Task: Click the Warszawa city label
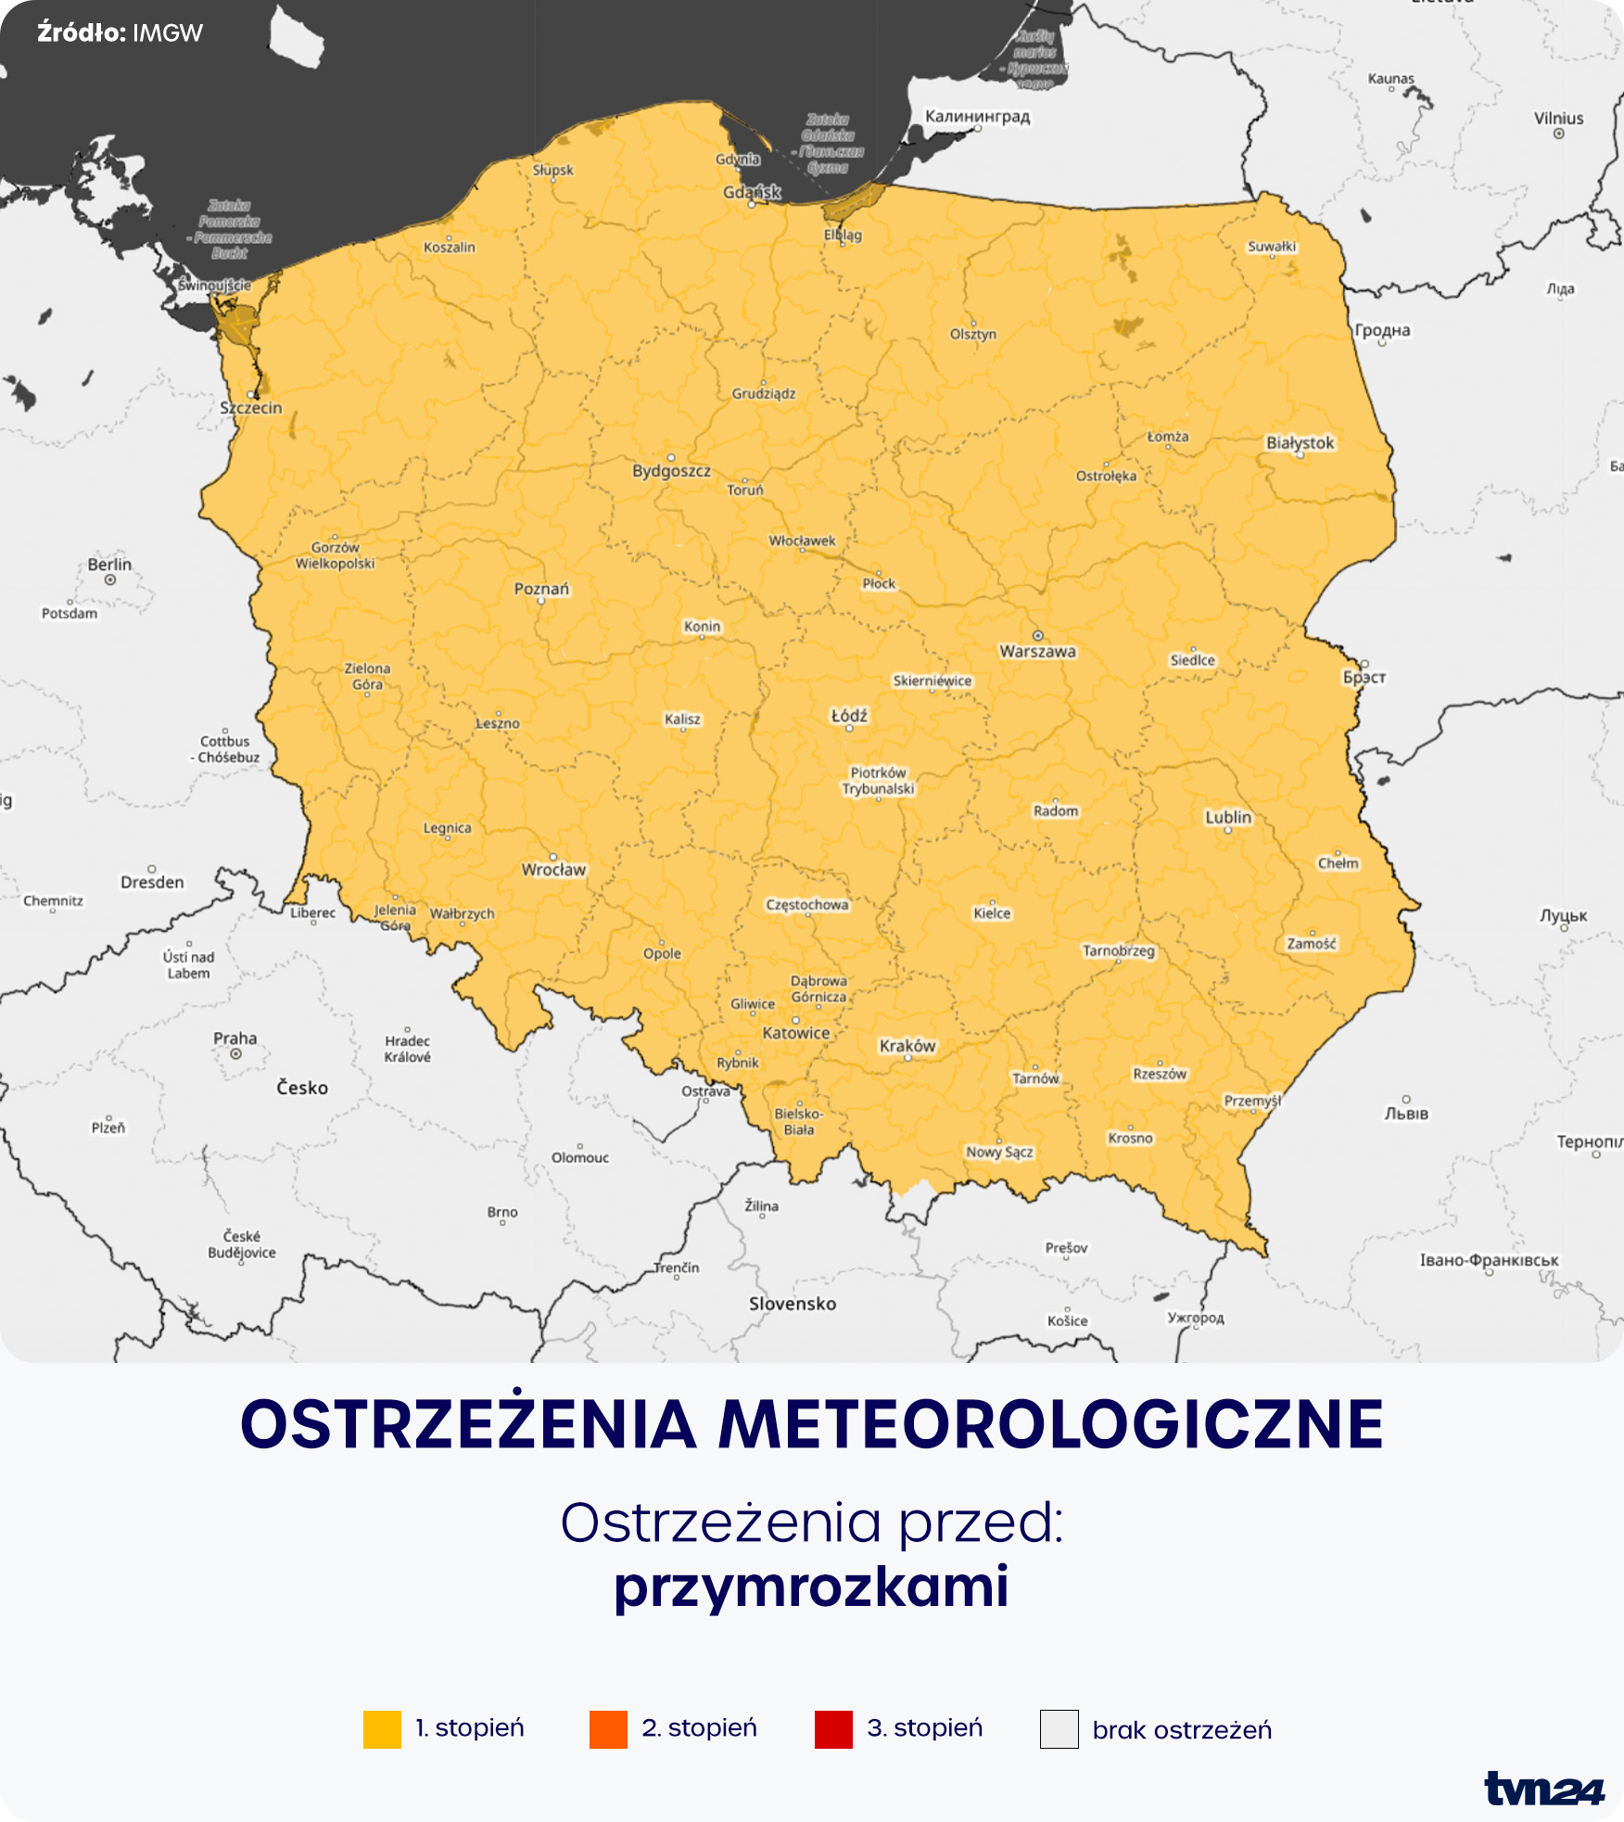(1037, 651)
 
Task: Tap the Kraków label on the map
(907, 1046)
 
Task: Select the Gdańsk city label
(752, 192)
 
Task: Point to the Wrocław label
(553, 870)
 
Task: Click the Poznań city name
(541, 589)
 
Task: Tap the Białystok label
(1300, 443)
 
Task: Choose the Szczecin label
(250, 408)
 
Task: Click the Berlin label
(109, 565)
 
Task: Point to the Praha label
(235, 1038)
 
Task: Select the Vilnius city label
(1558, 119)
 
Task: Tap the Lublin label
(1227, 817)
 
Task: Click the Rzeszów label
(1159, 1074)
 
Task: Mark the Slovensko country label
(793, 1304)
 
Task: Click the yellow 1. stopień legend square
(382, 1729)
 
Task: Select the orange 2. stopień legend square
(608, 1729)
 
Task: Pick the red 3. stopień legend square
(833, 1729)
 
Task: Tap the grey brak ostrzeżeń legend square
(1059, 1729)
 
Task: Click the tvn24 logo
(1543, 1789)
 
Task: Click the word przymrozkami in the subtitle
(811, 1587)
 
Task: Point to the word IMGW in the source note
(168, 33)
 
